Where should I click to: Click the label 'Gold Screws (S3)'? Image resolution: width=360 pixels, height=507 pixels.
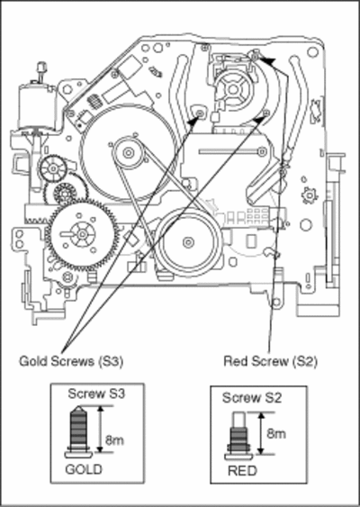(x=71, y=361)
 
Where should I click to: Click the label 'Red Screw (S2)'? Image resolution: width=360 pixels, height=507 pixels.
(x=271, y=361)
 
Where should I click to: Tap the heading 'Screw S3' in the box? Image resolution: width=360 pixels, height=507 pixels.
(x=96, y=394)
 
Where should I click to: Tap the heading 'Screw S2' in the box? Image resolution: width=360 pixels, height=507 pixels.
(x=252, y=398)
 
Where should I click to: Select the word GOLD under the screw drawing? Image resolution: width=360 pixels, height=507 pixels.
(x=84, y=469)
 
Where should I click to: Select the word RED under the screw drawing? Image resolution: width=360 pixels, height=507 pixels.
(x=242, y=471)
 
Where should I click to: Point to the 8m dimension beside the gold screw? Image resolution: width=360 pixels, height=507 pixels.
(x=114, y=440)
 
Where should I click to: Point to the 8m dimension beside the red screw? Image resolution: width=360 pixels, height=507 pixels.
(x=276, y=433)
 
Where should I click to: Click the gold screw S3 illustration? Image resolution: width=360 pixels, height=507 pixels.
(x=78, y=431)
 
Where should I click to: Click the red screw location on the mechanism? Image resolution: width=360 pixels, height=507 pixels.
(x=255, y=57)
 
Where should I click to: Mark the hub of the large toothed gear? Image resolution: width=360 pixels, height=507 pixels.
(x=82, y=234)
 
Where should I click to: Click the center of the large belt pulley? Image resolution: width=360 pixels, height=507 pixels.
(x=129, y=152)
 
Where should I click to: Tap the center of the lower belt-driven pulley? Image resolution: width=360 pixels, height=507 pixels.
(x=188, y=242)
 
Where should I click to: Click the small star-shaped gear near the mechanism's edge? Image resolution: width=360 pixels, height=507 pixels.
(x=310, y=195)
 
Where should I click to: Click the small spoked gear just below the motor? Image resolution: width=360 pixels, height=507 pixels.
(x=53, y=168)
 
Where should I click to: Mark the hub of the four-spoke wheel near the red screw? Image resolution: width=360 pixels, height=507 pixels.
(x=233, y=89)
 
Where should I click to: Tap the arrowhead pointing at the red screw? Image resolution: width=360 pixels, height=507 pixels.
(x=267, y=61)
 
